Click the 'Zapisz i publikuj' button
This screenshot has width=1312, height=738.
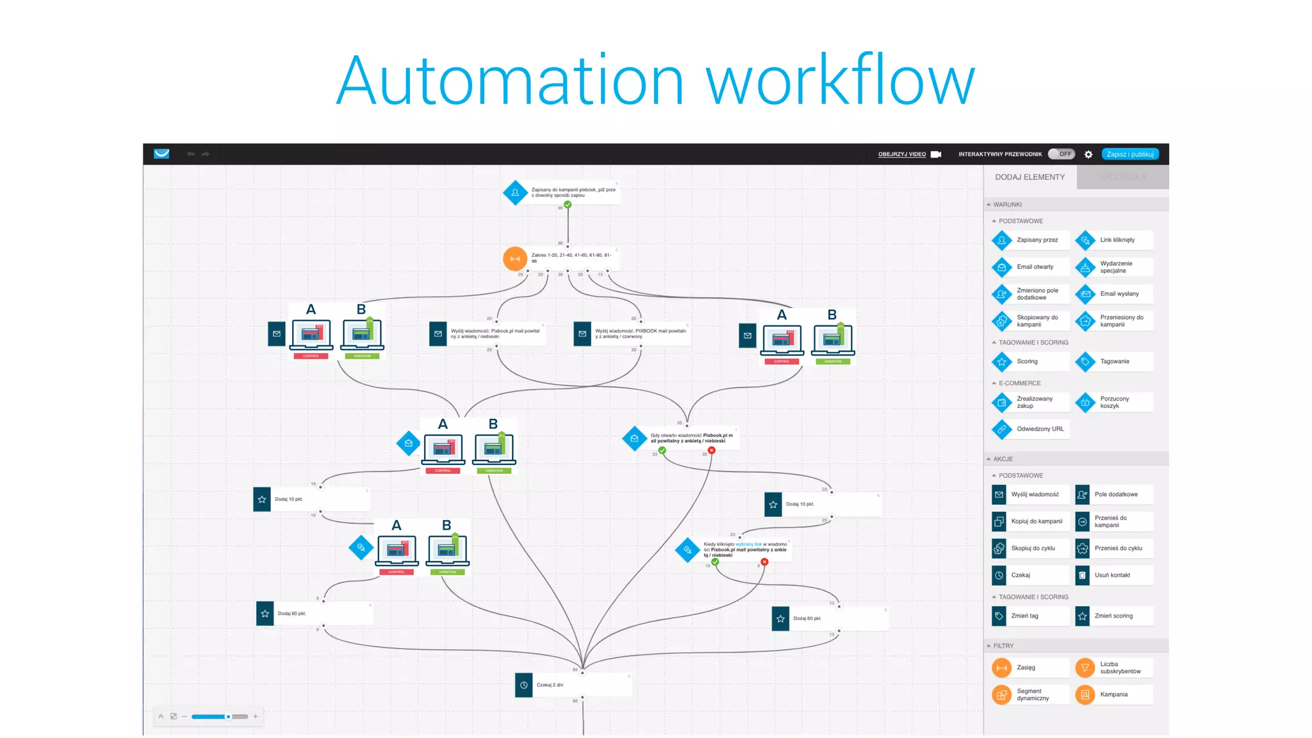point(1129,154)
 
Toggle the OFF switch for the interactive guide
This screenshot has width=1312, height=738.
point(1061,154)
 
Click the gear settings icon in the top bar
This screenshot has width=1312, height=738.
point(1088,154)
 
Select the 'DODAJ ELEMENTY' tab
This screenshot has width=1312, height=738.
point(1029,177)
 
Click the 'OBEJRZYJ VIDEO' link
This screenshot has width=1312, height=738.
point(902,154)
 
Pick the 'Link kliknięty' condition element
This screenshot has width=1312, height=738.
point(1117,240)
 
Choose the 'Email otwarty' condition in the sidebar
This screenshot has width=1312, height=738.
point(1034,267)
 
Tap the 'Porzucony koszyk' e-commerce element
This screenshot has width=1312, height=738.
point(1114,402)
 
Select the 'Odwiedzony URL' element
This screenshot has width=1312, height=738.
point(1039,429)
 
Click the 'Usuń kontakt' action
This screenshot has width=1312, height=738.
point(1111,575)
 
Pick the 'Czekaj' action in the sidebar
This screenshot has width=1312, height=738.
point(1020,575)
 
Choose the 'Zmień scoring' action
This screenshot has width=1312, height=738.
point(1113,616)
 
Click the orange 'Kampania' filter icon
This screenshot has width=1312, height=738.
point(1085,694)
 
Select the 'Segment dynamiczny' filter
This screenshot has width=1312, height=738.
point(1032,695)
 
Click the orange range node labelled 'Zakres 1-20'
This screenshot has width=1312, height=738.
point(515,259)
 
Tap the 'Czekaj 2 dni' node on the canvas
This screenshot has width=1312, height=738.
point(549,685)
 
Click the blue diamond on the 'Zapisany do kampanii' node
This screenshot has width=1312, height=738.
point(515,192)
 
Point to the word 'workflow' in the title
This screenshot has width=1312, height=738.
point(840,81)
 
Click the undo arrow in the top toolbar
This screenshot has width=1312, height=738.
point(190,154)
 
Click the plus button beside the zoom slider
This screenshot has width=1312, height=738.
point(256,716)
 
